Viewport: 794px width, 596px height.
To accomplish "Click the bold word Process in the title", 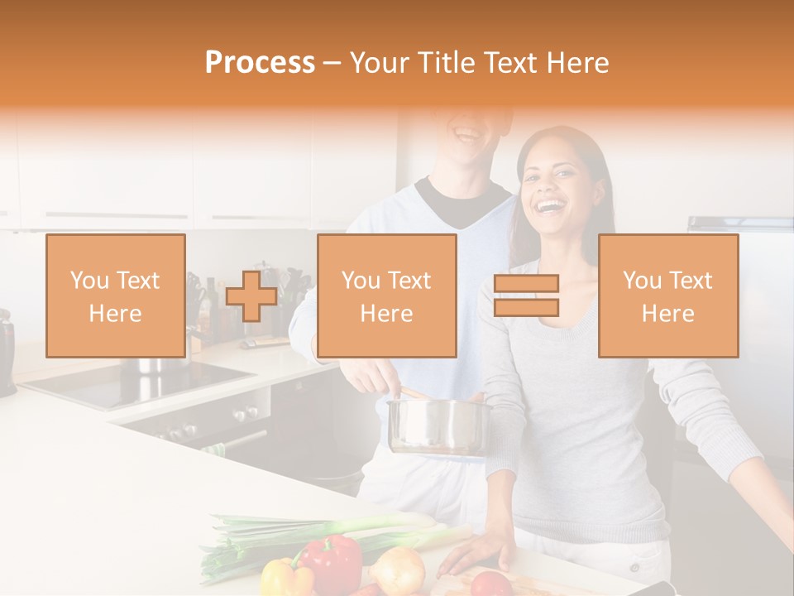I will coord(260,63).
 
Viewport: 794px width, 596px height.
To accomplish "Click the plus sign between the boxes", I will coord(251,296).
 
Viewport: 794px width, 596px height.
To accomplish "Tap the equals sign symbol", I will coord(526,296).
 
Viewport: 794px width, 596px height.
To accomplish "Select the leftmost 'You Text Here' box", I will coord(116,296).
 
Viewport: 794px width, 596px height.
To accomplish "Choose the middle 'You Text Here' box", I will coord(387,296).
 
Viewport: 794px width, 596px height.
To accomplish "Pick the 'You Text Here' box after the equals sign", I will coord(668,296).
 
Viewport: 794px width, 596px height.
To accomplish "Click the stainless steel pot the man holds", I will coord(438,425).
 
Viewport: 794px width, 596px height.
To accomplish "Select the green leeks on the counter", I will coord(314,531).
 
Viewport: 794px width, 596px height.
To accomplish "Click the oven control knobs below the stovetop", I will coord(240,414).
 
